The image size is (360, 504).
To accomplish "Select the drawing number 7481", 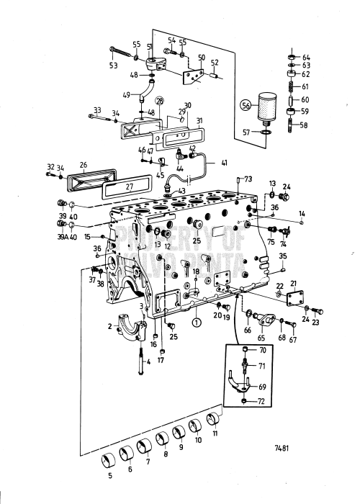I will click(x=282, y=446).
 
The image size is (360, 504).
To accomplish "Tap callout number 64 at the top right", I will click(x=307, y=57).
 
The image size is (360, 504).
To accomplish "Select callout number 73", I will click(x=248, y=179).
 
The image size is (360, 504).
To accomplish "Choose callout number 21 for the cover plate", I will click(x=293, y=284).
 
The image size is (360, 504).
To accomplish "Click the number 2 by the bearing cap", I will click(x=109, y=327).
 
